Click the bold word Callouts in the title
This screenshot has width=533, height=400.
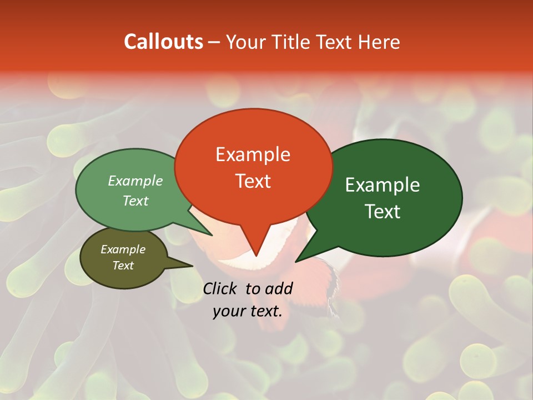(163, 42)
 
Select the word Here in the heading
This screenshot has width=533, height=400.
(379, 42)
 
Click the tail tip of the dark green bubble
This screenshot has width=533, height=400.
(297, 261)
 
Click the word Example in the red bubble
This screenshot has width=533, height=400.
(253, 154)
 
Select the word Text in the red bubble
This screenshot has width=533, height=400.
(253, 181)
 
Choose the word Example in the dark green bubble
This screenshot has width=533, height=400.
(383, 185)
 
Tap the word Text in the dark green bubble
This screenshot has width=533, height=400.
(383, 212)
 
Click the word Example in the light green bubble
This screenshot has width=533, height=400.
(135, 181)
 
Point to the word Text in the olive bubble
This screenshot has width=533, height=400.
(123, 266)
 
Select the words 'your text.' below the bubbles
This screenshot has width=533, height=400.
(248, 312)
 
